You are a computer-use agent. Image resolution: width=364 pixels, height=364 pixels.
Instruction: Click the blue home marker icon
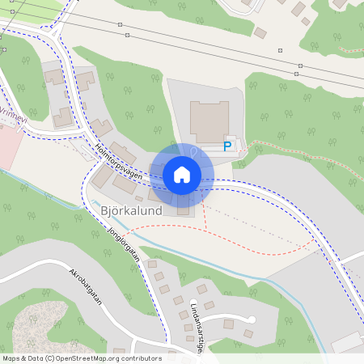(182, 174)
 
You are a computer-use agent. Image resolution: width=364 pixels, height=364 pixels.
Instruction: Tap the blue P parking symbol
(228, 146)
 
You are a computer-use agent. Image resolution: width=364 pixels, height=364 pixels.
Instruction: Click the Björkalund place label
(131, 210)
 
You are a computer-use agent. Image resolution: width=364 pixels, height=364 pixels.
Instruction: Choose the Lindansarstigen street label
(197, 323)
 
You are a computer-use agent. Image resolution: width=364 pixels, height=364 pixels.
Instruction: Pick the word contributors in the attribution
(142, 358)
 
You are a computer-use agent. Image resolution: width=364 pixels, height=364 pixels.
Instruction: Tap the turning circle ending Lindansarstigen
(252, 320)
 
